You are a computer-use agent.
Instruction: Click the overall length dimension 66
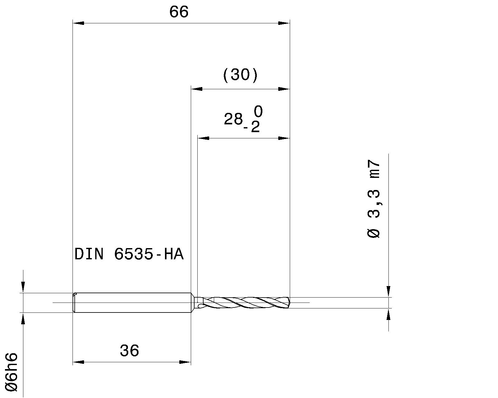[179, 12]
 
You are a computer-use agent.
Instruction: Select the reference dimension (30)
[240, 75]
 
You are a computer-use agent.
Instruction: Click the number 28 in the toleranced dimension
[233, 119]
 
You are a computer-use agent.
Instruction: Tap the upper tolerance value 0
[258, 111]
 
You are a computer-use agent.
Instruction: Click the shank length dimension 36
[129, 351]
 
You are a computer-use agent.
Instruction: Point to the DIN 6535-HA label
[129, 254]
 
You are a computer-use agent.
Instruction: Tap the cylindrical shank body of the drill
[132, 303]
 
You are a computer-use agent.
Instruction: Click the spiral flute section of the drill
[246, 302]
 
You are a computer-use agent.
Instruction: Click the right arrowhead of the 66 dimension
[284, 23]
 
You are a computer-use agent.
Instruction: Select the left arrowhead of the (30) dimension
[196, 89]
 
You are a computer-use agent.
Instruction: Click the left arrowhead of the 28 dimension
[203, 138]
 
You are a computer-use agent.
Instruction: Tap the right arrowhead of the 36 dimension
[185, 362]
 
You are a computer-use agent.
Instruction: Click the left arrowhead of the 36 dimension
[78, 362]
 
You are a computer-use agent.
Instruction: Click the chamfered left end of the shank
[74, 303]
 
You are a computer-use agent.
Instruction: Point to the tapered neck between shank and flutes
[194, 303]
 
